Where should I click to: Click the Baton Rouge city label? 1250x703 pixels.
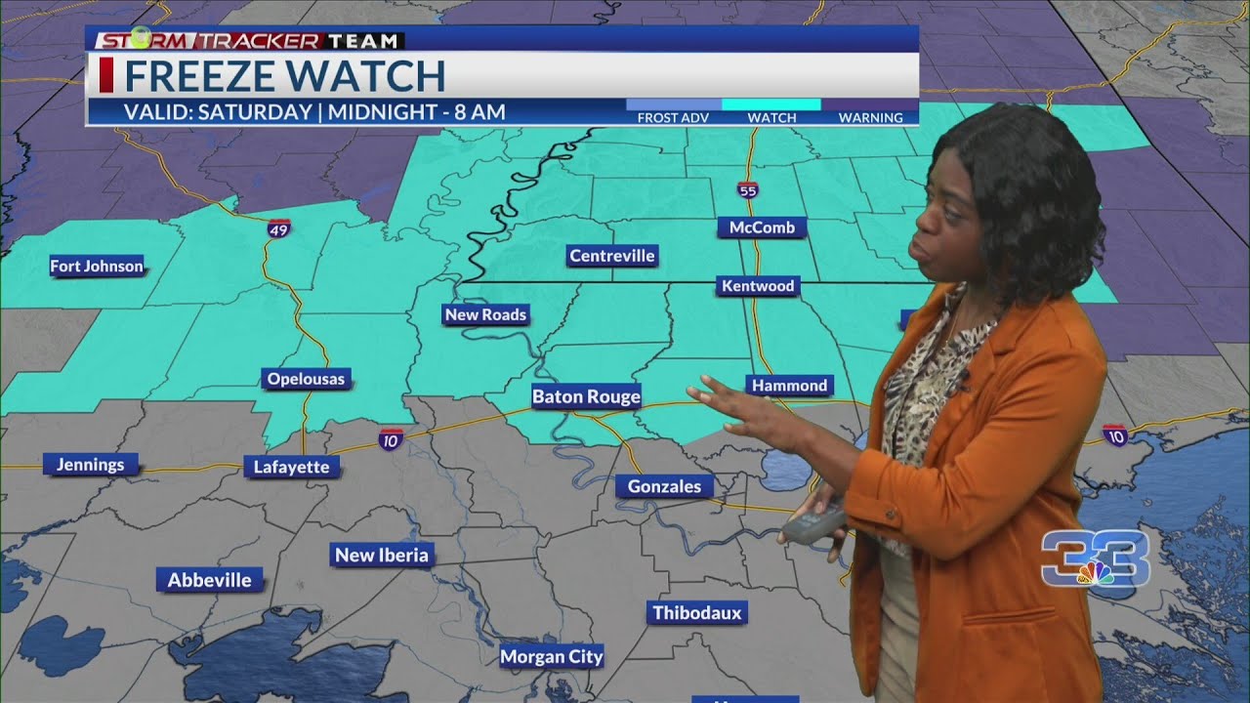[586, 396]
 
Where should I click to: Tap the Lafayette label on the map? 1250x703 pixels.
[291, 467]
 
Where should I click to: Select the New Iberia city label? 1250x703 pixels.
[382, 555]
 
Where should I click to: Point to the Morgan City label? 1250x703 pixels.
[552, 657]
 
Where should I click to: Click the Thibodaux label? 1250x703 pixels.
[697, 613]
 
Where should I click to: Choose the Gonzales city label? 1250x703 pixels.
[664, 486]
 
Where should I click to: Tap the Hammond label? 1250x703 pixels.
[790, 386]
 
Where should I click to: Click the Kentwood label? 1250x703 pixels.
[758, 286]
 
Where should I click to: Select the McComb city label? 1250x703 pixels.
[763, 227]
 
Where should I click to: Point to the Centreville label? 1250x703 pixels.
[612, 256]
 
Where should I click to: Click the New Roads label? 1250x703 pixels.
[485, 314]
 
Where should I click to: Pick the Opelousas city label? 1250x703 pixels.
[307, 379]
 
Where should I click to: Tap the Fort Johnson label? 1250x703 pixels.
[97, 266]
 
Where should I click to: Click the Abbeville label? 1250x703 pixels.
[210, 580]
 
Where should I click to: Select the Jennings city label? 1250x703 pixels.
[90, 465]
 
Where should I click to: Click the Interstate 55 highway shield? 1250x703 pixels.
[748, 190]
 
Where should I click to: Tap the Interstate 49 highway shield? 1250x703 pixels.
[278, 227]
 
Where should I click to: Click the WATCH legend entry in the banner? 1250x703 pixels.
[771, 110]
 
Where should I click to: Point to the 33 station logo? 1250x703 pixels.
[1095, 559]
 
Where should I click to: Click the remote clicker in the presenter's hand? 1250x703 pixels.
[813, 524]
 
